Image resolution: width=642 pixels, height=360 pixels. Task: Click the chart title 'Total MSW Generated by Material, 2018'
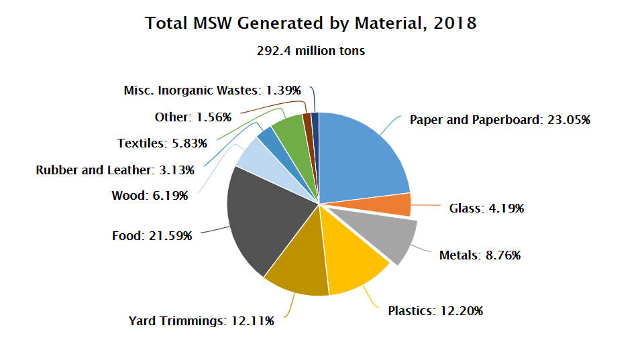click(311, 23)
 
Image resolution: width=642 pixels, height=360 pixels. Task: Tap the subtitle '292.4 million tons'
click(311, 51)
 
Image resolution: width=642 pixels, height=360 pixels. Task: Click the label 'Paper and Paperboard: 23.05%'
click(500, 121)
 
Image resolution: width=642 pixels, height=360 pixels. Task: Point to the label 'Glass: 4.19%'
click(486, 208)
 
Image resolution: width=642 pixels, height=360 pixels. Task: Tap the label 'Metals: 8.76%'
click(480, 255)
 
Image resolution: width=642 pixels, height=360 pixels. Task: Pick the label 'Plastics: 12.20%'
click(435, 311)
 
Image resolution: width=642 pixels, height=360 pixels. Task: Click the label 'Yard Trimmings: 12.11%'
click(201, 321)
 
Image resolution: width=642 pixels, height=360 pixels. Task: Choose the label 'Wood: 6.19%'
click(149, 196)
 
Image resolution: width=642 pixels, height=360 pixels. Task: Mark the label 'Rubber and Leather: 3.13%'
click(115, 170)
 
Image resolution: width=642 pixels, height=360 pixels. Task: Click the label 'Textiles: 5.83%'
click(162, 143)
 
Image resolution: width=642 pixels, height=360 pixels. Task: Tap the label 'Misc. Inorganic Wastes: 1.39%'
click(213, 90)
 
